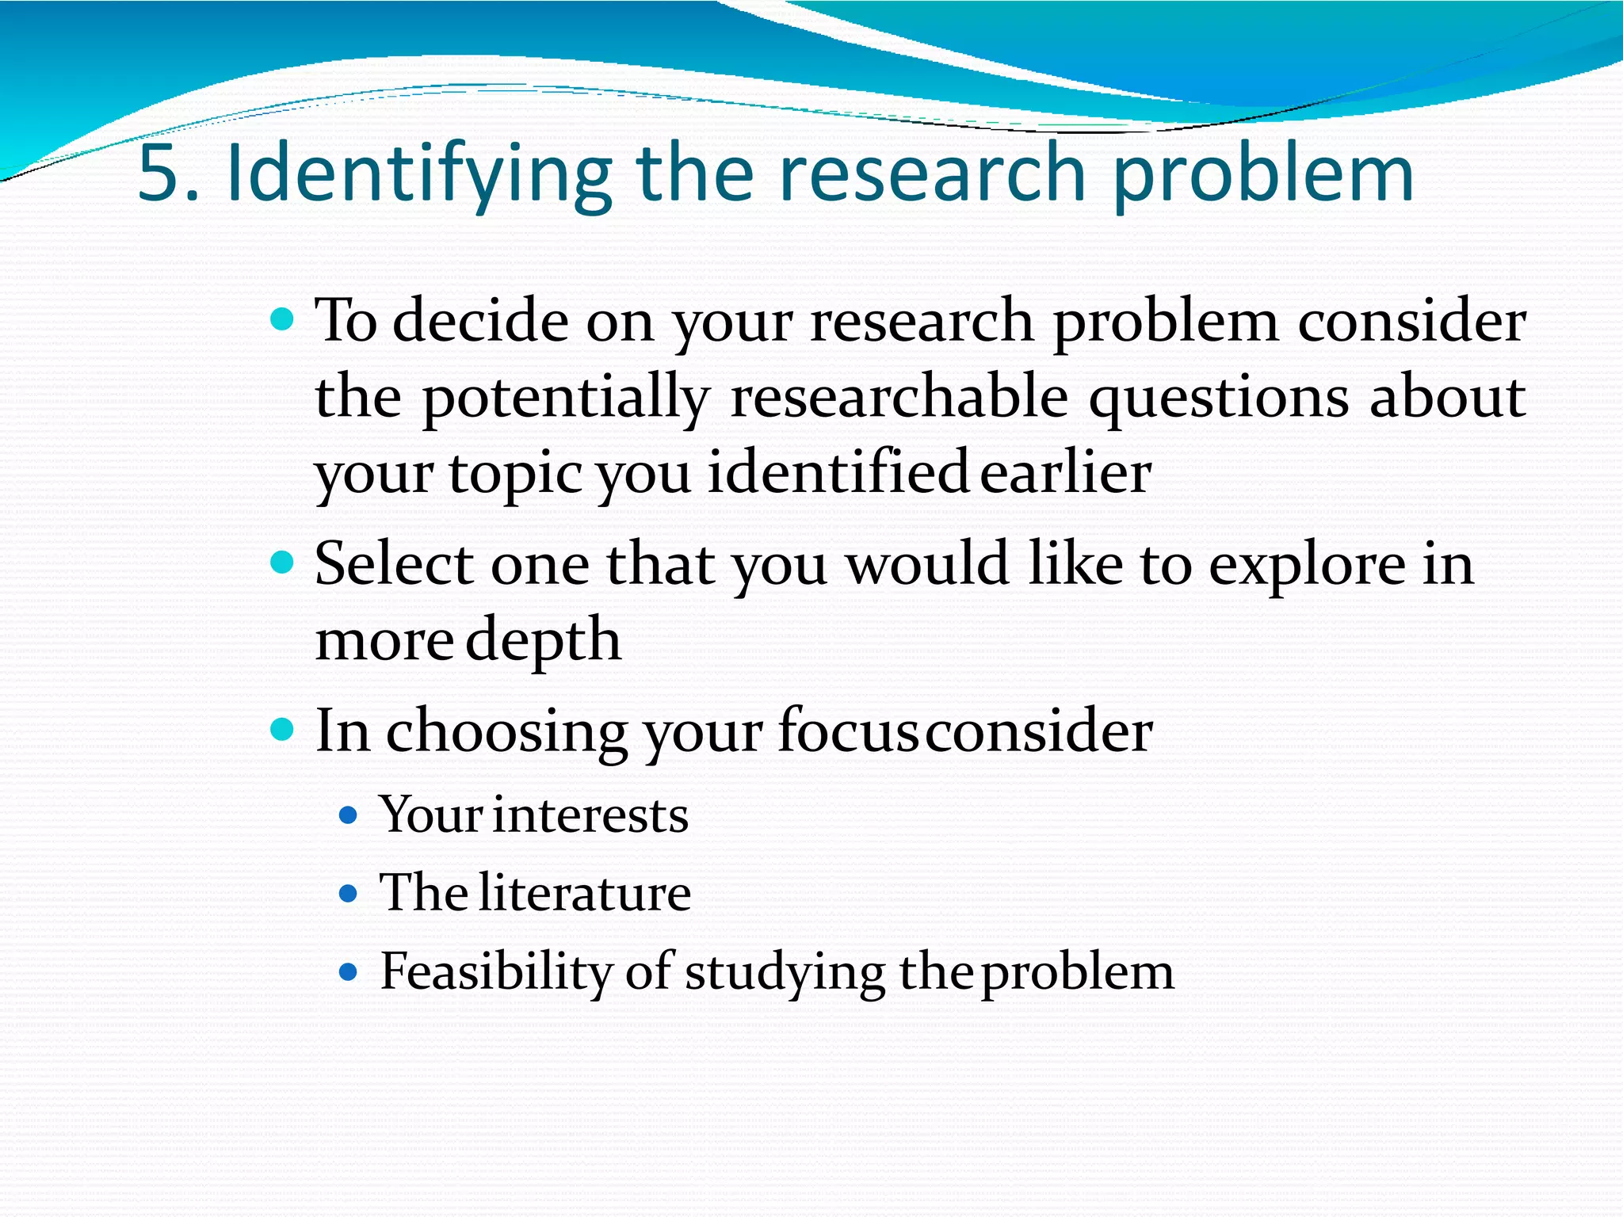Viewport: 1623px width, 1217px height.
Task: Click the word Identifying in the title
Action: tap(419, 174)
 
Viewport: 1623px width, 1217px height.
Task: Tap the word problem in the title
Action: tap(1263, 174)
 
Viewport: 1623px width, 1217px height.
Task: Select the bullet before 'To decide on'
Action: tap(282, 320)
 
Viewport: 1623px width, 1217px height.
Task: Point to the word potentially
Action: tap(565, 397)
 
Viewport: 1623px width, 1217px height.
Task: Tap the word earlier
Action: tap(1065, 472)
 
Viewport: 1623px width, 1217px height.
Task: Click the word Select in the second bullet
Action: tap(394, 563)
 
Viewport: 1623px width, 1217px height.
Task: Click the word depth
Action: tap(543, 640)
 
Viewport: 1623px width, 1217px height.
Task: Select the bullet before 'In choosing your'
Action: tap(282, 728)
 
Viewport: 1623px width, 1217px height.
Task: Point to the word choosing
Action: tap(506, 731)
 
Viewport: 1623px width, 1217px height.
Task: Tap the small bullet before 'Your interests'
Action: tap(348, 815)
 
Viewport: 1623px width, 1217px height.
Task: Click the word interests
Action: tap(590, 815)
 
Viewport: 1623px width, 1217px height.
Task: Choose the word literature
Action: tap(584, 893)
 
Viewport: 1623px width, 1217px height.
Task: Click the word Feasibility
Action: tap(495, 971)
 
